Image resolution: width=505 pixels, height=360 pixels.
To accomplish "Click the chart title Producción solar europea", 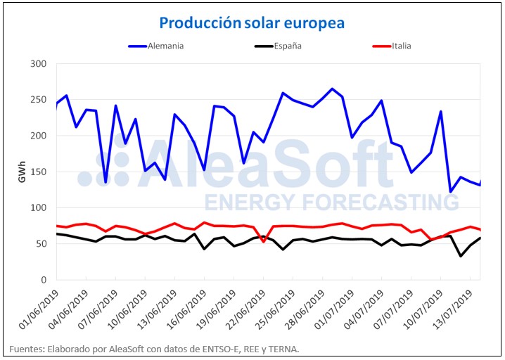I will pos(252,23).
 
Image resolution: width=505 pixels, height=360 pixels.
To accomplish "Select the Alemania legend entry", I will pos(166,46).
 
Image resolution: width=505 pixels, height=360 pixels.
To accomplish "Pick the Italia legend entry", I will pos(397,46).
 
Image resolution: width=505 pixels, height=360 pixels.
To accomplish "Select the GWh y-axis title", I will pos(20,172).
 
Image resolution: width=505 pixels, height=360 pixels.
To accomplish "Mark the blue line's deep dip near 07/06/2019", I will pos(106,182).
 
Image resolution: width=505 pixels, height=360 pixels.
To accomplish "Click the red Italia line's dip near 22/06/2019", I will pos(264,241).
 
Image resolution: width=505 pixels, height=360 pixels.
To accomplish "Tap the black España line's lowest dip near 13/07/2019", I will pos(461,256).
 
